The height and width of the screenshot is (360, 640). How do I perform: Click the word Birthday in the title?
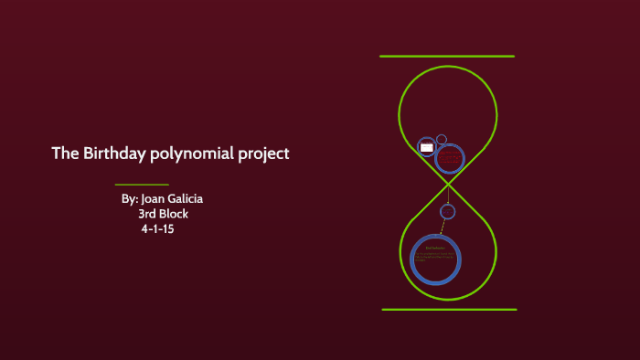(112, 154)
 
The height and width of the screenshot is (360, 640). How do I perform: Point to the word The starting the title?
(65, 154)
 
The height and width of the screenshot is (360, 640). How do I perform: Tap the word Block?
(174, 214)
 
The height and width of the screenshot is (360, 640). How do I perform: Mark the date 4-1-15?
(157, 229)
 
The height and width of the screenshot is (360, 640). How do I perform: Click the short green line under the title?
(142, 185)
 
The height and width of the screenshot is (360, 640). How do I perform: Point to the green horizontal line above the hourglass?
(447, 57)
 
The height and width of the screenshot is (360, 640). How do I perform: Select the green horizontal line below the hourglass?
(449, 309)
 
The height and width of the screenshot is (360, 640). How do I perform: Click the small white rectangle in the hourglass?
(426, 146)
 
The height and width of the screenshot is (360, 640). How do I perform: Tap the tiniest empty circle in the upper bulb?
(442, 140)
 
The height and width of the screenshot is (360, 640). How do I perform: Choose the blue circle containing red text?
(449, 159)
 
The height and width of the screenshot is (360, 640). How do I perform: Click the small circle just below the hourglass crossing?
(447, 212)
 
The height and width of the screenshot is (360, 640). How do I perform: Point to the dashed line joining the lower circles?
(443, 228)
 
